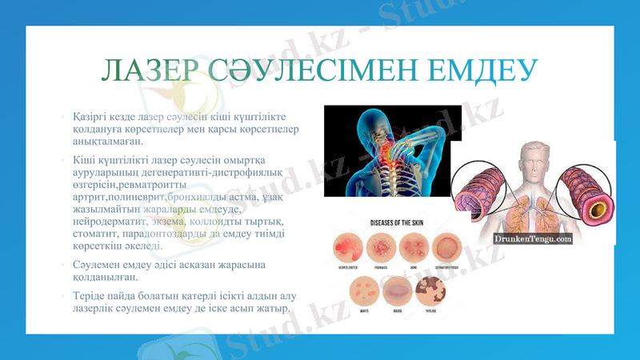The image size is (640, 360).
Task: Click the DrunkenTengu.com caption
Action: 532,238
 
